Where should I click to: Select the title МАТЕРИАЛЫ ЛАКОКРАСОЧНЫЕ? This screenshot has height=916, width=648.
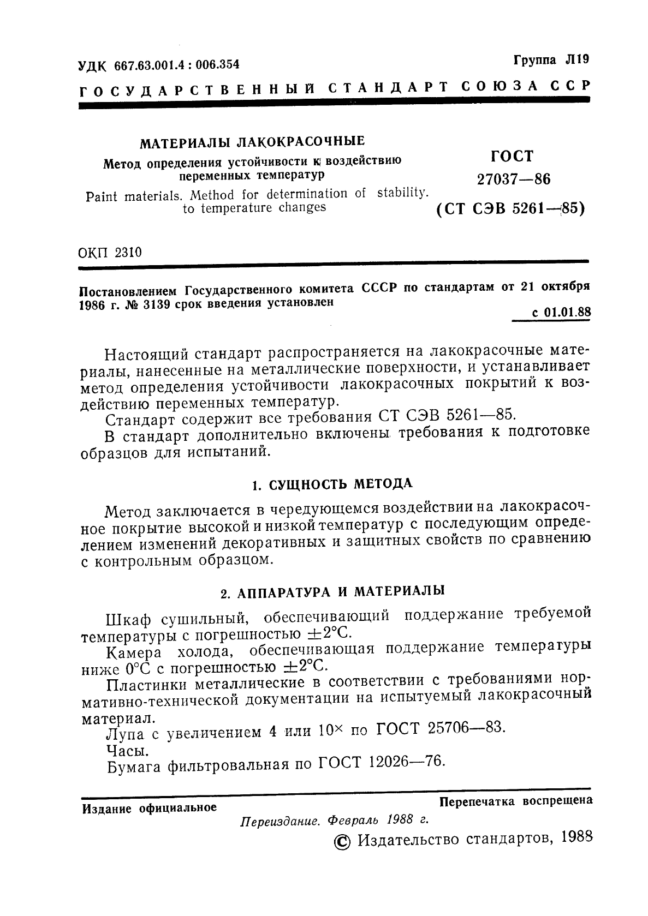click(x=252, y=143)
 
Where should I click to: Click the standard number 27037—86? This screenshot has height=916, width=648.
click(x=513, y=179)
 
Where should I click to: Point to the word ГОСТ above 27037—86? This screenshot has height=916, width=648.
click(x=512, y=157)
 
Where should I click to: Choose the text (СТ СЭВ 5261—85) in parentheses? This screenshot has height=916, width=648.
click(x=510, y=208)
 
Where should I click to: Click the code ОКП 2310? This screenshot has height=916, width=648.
click(x=110, y=253)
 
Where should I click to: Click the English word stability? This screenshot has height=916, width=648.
click(x=402, y=193)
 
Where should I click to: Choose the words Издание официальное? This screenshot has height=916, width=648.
click(x=149, y=808)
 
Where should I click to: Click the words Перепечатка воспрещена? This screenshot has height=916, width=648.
click(x=516, y=801)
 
